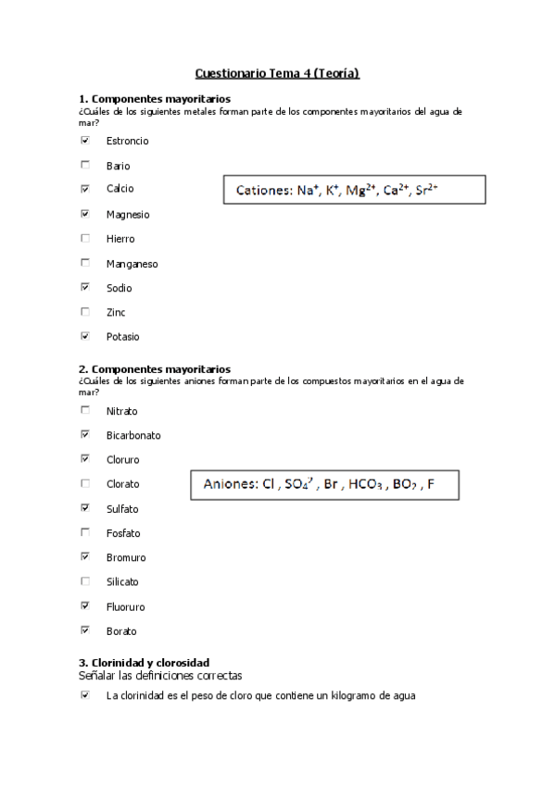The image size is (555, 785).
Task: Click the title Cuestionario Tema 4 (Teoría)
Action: coord(277,72)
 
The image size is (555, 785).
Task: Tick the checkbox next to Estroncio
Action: coord(85,141)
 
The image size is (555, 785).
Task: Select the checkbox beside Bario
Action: coord(85,166)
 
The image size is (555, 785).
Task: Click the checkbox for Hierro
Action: coord(85,239)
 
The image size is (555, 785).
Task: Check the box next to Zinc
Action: coord(85,312)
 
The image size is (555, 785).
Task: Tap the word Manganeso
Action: coord(132,264)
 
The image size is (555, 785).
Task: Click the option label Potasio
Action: coord(122,337)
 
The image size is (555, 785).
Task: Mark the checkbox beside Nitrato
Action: coord(85,410)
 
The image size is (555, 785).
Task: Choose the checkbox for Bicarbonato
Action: coord(85,434)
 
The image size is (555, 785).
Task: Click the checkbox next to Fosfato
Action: coord(85,532)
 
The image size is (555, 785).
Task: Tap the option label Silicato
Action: coord(122,582)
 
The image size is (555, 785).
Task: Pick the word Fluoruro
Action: coord(125,607)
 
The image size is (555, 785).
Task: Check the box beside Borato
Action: coord(85,630)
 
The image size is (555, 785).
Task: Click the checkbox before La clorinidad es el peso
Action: coord(85,695)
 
